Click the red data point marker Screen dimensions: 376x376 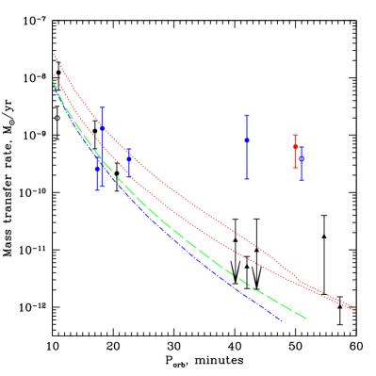pos(295,147)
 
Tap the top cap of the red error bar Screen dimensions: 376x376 pos(295,136)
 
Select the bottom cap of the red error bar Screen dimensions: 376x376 pos(295,168)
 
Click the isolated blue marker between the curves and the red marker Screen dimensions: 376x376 pos(247,139)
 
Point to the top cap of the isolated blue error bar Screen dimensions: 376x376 pos(247,116)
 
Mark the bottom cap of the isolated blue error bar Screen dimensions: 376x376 pos(247,179)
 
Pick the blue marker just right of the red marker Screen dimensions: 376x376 pos(302,158)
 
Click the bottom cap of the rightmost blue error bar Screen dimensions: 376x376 pos(302,179)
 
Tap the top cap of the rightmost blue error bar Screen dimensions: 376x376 pos(302,148)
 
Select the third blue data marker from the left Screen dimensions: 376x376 pos(129,158)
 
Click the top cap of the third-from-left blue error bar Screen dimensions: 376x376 pos(129,149)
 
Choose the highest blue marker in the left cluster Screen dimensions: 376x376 pos(102,128)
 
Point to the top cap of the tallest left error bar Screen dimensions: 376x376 pos(102,107)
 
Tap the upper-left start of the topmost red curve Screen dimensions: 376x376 pos(54,54)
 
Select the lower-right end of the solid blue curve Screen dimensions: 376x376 pos(281,320)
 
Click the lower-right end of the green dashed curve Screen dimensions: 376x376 pos(306,318)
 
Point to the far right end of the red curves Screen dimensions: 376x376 pos(353,308)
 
